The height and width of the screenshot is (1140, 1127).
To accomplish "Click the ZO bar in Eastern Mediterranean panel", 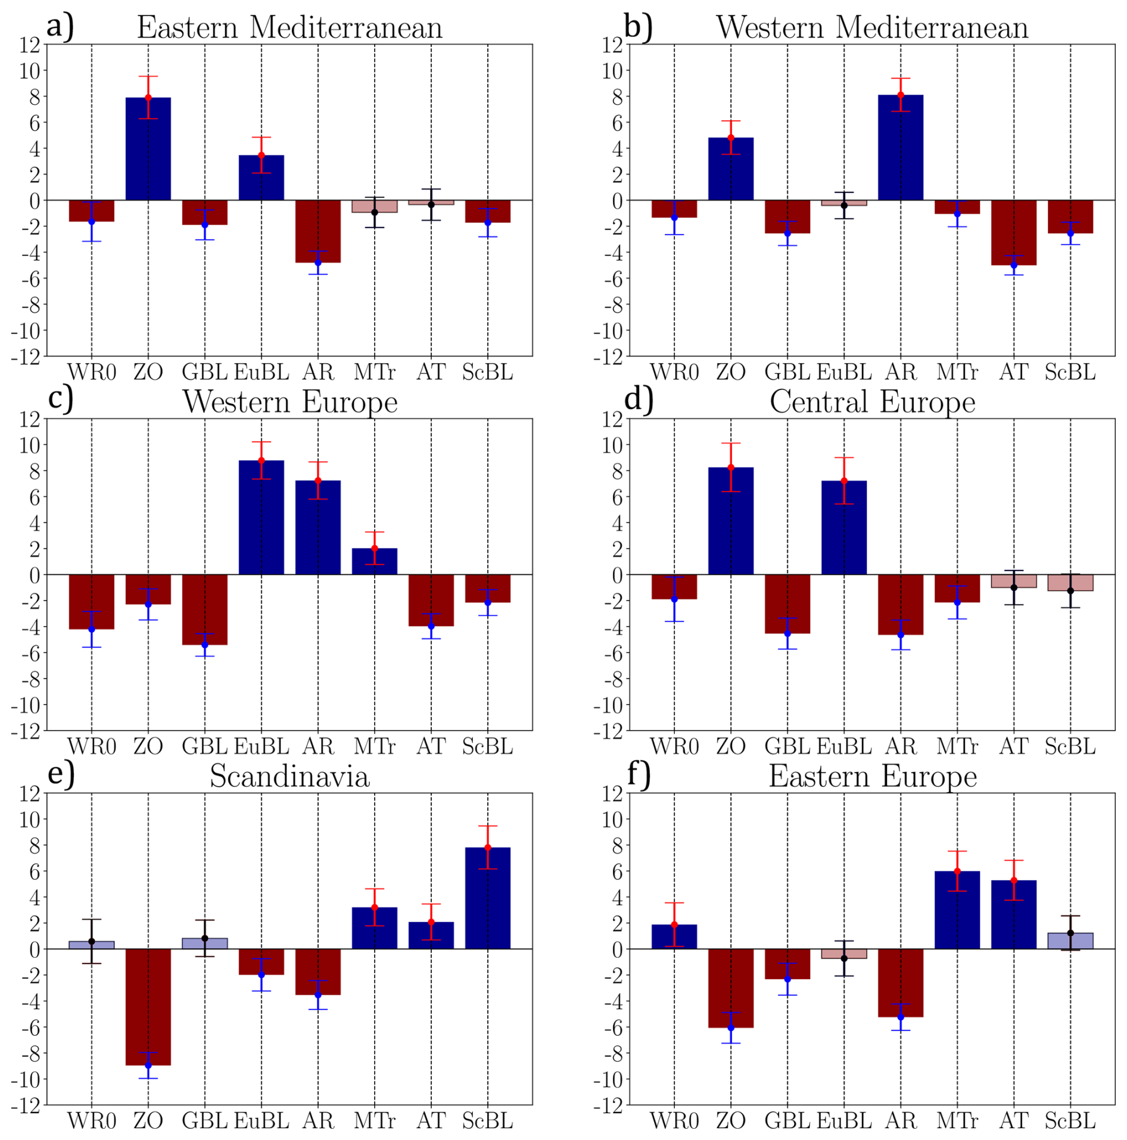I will [148, 149].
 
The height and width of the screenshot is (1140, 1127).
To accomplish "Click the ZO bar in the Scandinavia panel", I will [148, 1007].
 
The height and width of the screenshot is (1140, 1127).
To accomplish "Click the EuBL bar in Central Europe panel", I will [843, 527].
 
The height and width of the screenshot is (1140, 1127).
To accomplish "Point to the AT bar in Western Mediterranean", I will [1013, 232].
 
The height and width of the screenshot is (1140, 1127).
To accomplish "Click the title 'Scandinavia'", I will [289, 777].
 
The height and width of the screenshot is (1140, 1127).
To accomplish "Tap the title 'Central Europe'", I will [872, 402].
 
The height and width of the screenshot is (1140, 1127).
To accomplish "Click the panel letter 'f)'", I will [639, 774].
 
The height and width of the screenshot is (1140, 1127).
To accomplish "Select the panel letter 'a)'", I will [60, 26].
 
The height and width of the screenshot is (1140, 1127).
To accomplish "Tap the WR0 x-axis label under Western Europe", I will [92, 746].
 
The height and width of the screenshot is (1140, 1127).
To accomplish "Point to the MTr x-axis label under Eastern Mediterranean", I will [374, 372].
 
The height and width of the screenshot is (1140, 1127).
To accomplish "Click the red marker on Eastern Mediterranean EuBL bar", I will [261, 155].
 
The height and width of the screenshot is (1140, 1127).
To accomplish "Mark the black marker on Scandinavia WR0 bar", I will [92, 941].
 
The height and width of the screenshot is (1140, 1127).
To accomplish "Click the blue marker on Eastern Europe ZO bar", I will [731, 1027].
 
